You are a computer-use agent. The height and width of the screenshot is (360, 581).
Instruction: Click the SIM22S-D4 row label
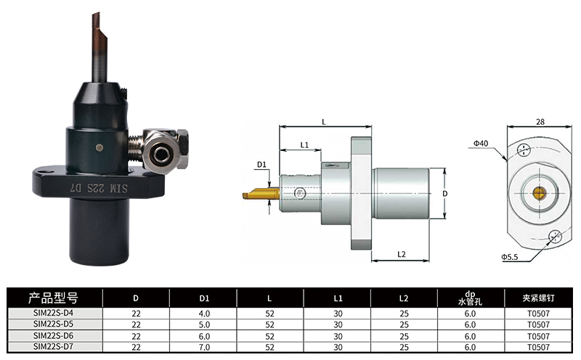click(x=53, y=313)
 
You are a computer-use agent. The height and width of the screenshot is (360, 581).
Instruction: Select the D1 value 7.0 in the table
click(x=204, y=348)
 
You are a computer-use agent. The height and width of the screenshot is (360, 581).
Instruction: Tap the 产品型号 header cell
click(x=53, y=298)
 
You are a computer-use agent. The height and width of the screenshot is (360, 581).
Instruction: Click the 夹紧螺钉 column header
click(x=538, y=298)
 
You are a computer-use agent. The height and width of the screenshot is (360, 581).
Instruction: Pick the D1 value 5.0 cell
click(x=204, y=325)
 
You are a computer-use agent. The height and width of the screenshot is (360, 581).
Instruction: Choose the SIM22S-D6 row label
click(x=53, y=335)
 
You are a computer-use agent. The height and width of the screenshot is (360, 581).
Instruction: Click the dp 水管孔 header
click(x=470, y=298)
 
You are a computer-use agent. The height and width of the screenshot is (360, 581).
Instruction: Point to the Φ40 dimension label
click(x=481, y=143)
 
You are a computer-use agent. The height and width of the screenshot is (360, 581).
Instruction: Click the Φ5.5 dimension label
click(x=510, y=257)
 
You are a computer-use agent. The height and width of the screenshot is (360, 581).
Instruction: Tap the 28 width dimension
click(x=540, y=122)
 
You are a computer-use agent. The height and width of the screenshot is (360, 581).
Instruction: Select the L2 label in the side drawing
click(x=402, y=254)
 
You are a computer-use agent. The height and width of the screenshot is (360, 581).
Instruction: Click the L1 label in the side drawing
click(x=304, y=145)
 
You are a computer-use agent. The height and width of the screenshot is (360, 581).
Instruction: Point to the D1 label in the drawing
click(x=262, y=164)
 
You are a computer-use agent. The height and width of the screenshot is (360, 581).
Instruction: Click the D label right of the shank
click(x=445, y=193)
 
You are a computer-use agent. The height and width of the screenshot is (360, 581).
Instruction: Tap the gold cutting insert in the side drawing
click(x=261, y=193)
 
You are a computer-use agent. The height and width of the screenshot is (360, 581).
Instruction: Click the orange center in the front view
click(x=539, y=192)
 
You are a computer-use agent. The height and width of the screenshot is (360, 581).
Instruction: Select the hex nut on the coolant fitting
click(x=182, y=149)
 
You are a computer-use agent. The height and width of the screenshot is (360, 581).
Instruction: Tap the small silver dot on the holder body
click(x=99, y=148)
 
